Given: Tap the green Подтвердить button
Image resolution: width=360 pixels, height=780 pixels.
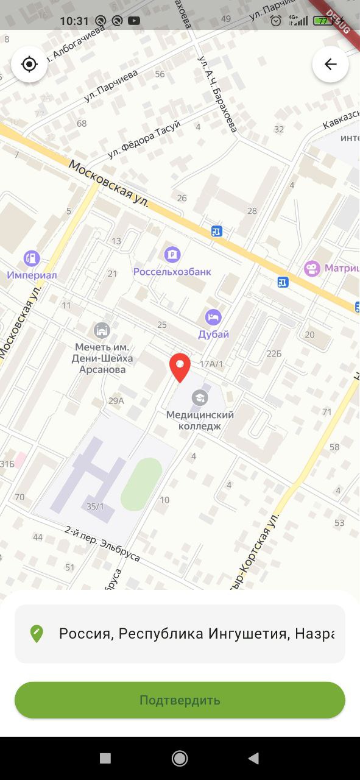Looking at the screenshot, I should [x=180, y=700].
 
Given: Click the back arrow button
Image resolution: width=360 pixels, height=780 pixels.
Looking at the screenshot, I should [x=330, y=64].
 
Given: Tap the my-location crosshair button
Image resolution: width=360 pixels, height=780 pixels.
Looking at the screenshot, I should [x=29, y=64].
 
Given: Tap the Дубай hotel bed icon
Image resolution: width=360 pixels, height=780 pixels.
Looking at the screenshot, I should [x=213, y=317].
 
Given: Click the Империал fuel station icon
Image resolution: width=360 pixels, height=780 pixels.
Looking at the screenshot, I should [x=32, y=258].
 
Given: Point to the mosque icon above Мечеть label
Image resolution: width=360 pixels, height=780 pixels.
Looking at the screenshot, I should [x=102, y=330].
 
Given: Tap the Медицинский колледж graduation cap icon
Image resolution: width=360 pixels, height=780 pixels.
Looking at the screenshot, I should [x=199, y=398].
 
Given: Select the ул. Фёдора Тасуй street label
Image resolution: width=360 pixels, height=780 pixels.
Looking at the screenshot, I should [x=144, y=140].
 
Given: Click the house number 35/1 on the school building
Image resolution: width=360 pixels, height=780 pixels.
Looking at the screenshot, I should [x=95, y=506].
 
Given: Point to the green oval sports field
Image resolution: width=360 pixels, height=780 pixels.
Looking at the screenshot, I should [x=141, y=484].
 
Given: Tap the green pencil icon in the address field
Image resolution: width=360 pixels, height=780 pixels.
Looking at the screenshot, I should [x=37, y=634].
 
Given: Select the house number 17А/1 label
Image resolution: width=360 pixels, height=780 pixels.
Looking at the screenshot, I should [x=211, y=364].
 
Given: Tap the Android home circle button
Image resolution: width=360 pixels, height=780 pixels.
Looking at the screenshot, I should [x=180, y=758].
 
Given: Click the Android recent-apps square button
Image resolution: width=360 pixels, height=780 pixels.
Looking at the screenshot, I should [x=105, y=758].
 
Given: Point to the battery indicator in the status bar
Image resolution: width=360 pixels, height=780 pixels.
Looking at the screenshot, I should [x=322, y=21].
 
